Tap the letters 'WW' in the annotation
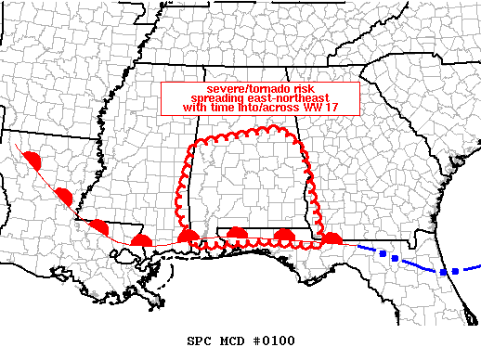[x=299, y=108]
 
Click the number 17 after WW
[x=317, y=108]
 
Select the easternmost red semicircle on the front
[x=331, y=240]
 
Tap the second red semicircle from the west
[x=64, y=195]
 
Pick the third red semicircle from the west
[x=98, y=226]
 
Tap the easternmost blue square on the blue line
[x=455, y=271]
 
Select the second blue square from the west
[x=395, y=257]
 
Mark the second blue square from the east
[x=443, y=272]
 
